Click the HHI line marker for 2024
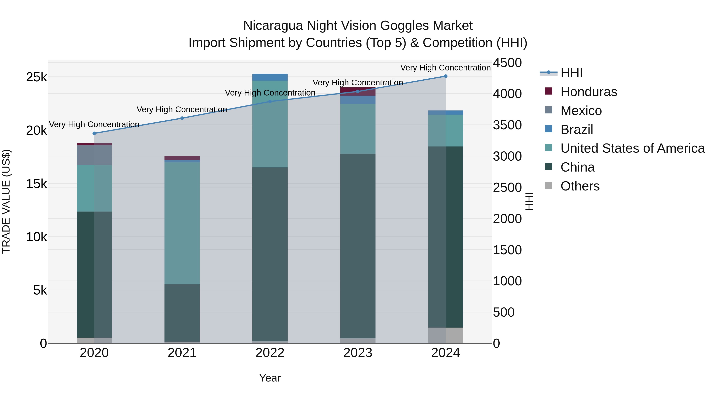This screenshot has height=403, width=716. [445, 76]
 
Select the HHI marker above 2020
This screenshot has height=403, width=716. [94, 133]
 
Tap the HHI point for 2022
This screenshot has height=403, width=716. [270, 101]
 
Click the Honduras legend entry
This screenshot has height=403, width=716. [589, 92]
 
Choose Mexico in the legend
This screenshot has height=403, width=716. [581, 111]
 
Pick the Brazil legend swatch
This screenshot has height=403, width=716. [549, 129]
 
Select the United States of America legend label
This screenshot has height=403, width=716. [632, 148]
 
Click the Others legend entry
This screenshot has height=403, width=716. [580, 186]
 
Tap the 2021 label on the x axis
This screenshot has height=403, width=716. [182, 353]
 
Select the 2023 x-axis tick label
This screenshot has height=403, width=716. [358, 353]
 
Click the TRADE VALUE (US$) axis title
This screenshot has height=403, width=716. [6, 201]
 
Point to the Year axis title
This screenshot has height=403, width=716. [270, 378]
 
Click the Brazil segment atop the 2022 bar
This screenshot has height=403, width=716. [270, 77]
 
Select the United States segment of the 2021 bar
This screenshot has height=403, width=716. [182, 222]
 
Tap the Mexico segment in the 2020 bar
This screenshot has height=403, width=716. [94, 155]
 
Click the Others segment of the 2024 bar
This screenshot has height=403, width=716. [446, 335]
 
